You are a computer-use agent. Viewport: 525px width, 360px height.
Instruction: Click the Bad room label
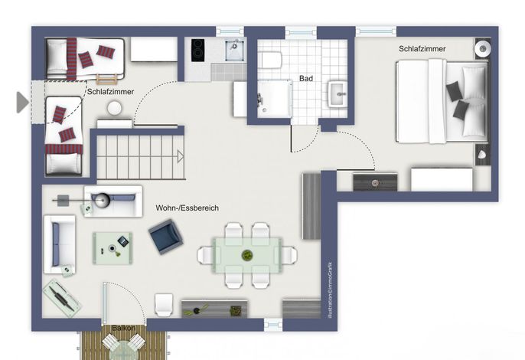(x=306, y=78)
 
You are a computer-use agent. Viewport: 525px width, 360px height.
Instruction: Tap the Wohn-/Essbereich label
(x=187, y=208)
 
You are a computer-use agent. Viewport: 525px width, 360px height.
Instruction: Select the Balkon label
(x=123, y=328)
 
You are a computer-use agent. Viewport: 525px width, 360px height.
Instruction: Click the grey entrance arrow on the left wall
(x=23, y=102)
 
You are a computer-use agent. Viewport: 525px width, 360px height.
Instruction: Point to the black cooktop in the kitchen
(x=198, y=51)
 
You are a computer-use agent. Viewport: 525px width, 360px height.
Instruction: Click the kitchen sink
(x=235, y=51)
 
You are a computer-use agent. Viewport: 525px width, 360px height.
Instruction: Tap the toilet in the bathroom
(x=271, y=60)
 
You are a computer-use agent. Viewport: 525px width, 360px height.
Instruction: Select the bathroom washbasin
(x=337, y=93)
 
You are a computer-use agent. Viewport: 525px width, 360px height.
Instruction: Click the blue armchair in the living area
(x=166, y=237)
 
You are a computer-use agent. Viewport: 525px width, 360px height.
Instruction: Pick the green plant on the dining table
(x=247, y=255)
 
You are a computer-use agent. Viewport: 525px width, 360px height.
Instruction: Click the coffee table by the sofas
(x=112, y=248)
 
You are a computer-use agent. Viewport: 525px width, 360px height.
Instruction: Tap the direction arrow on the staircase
(x=181, y=156)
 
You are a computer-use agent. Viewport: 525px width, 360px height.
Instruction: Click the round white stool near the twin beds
(x=115, y=108)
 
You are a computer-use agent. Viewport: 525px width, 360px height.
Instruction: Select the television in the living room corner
(x=62, y=298)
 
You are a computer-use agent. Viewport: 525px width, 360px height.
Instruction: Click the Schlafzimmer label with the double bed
(x=422, y=48)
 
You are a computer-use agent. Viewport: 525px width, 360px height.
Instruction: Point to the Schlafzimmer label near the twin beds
(x=110, y=91)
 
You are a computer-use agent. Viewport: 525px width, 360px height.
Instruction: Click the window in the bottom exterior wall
(x=273, y=325)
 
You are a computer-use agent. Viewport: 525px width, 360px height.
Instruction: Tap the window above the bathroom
(x=301, y=33)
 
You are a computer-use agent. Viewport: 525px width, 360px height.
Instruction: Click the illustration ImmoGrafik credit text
(x=330, y=290)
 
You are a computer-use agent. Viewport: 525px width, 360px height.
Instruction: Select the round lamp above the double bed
(x=482, y=49)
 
